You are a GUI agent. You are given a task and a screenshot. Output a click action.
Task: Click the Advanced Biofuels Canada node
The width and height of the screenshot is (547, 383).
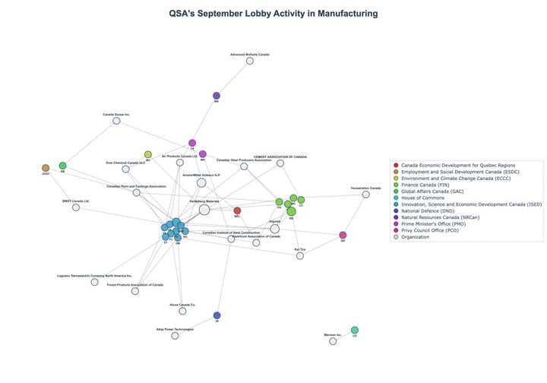point(249,61)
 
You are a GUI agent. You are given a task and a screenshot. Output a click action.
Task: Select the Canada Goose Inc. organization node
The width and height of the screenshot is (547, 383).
point(116,121)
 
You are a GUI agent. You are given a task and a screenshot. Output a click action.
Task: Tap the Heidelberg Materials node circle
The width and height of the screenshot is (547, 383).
point(204,210)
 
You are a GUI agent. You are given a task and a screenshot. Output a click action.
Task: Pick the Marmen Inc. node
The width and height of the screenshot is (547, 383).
point(333,341)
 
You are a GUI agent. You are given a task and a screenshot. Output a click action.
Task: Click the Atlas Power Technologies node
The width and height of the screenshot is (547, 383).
point(175,335)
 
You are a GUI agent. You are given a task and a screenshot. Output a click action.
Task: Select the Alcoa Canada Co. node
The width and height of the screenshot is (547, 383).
point(182,310)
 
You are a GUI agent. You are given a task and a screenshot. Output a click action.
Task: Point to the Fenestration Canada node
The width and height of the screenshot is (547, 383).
point(365,194)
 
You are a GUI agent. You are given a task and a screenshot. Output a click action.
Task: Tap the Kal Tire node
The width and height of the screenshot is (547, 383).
point(300,255)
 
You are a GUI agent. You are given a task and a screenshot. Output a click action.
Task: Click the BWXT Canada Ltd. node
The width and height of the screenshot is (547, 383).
point(76,207)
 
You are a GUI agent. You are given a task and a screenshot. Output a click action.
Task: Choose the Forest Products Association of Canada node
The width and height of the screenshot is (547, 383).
point(135,291)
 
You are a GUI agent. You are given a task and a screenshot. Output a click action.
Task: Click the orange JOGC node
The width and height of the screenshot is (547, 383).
point(46,168)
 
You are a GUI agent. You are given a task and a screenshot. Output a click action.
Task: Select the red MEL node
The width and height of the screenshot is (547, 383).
point(237,210)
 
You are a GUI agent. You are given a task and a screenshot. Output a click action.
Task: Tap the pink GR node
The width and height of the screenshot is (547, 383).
point(343,235)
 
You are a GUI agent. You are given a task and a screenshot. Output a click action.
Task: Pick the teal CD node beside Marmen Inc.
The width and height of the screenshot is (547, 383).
point(355,330)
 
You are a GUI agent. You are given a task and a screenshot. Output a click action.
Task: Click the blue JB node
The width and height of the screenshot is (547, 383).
point(217,315)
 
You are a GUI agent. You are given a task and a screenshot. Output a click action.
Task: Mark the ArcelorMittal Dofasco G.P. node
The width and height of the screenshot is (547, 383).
point(201,182)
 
